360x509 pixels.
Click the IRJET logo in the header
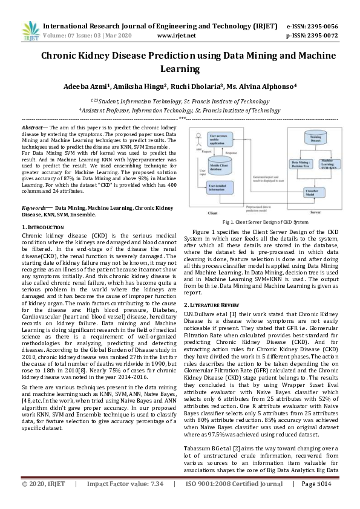tap(30, 31)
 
